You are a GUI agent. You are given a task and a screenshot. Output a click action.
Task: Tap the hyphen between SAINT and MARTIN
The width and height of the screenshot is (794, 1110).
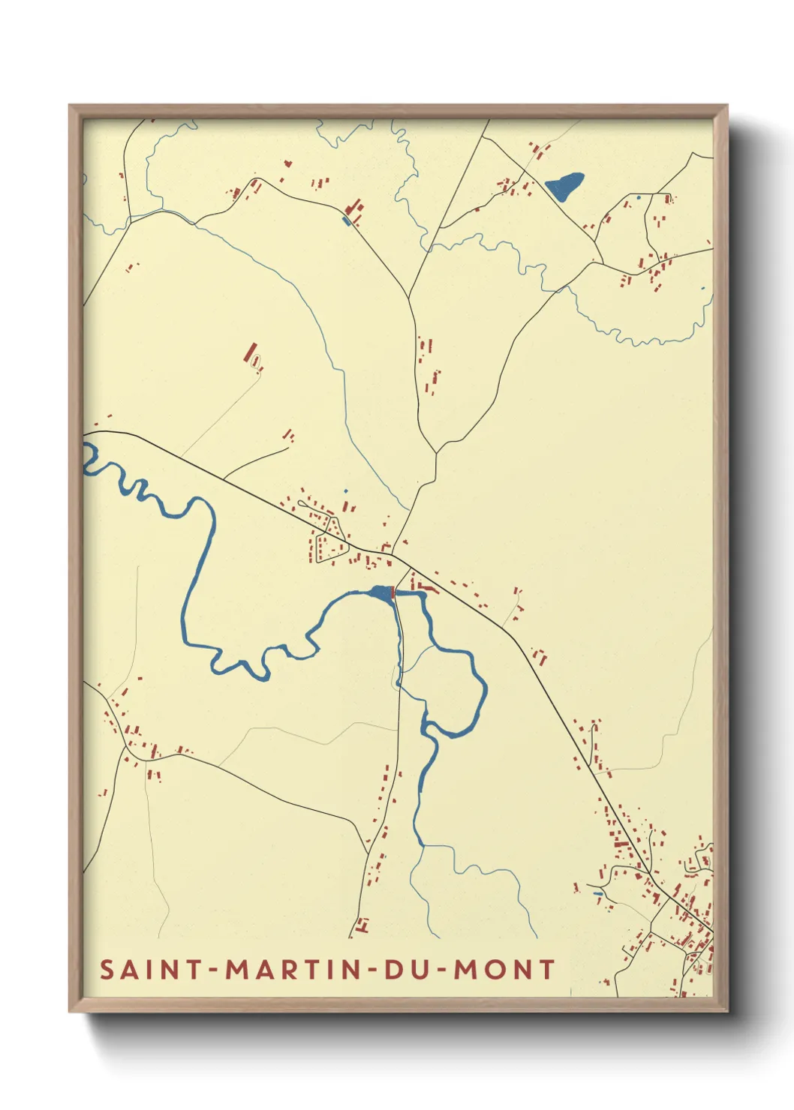point(215,970)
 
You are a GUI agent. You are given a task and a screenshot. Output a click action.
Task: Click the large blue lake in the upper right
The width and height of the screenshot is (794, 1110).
point(564,184)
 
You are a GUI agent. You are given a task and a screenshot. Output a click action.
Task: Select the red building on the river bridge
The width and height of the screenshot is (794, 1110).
point(392,593)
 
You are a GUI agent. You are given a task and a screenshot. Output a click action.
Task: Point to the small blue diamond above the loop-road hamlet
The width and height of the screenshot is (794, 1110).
point(346,491)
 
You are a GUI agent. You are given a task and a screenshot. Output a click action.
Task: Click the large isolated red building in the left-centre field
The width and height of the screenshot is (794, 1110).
point(250,352)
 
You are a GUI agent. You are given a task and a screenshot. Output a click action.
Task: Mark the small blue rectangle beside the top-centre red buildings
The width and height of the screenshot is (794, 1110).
point(346,220)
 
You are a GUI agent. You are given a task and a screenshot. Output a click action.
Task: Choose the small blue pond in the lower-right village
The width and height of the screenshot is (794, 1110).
point(598,893)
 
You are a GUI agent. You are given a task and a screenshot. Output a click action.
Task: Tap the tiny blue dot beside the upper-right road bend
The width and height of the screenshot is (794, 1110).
point(639,197)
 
